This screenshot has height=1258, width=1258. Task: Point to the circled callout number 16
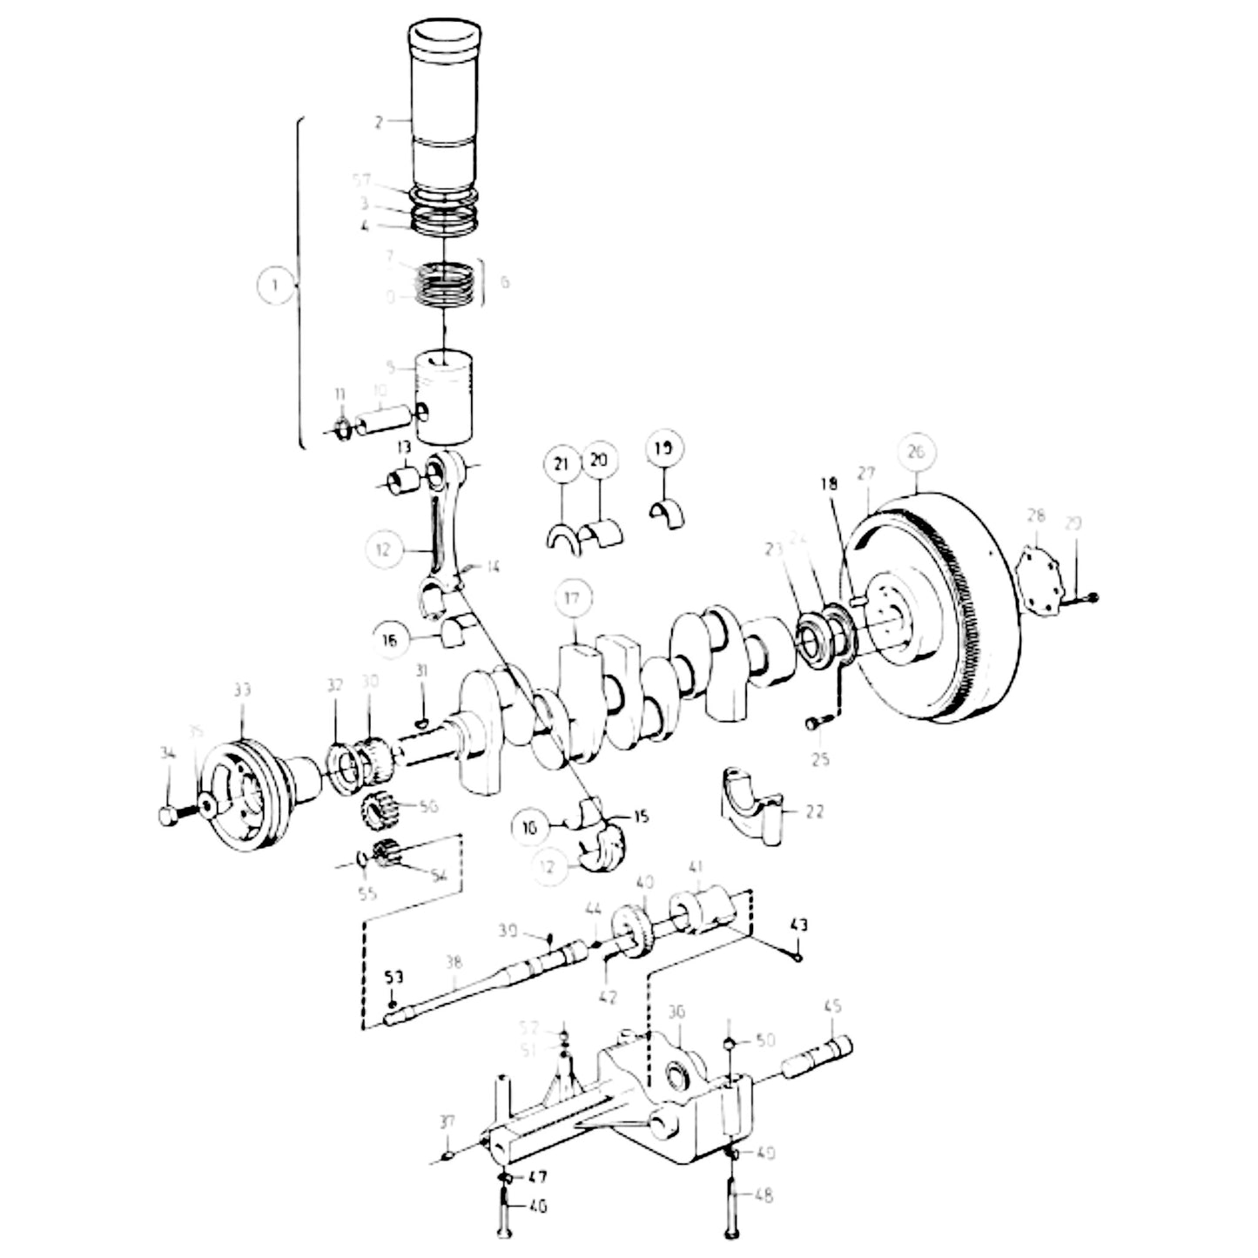(389, 640)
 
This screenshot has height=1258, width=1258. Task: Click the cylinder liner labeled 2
(444, 113)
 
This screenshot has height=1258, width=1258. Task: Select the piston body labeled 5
(444, 396)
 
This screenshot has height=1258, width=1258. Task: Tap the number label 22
(813, 811)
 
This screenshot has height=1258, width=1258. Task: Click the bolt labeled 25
(815, 722)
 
